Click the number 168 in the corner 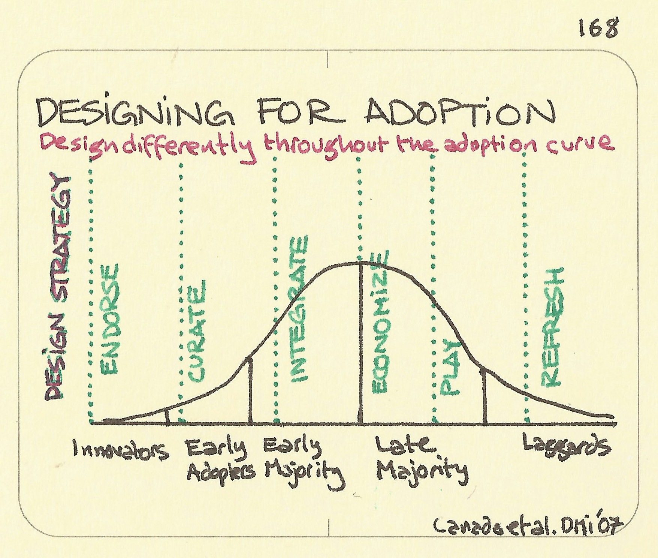[598, 28]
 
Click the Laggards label [566, 447]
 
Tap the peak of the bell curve [360, 262]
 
